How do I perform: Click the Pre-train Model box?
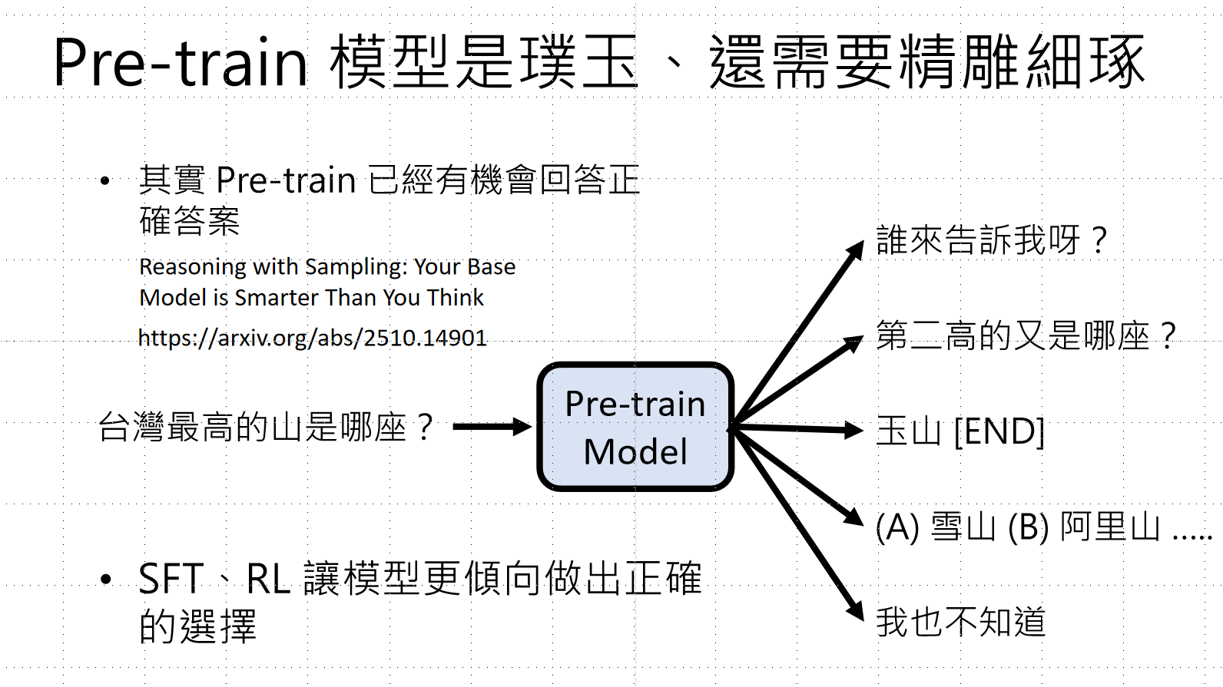(635, 427)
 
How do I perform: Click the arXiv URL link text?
(312, 338)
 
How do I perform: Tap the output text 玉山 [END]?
(960, 431)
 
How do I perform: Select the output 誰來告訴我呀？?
(992, 240)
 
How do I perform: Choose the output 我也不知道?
(961, 622)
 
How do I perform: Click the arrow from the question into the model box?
(492, 427)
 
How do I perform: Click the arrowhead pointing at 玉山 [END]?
(854, 430)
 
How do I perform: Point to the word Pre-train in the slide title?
(180, 63)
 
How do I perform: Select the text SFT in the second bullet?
(171, 579)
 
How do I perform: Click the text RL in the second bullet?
(268, 579)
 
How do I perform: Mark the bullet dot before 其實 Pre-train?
(105, 182)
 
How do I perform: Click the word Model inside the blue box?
(635, 452)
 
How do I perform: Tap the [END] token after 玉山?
(999, 431)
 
